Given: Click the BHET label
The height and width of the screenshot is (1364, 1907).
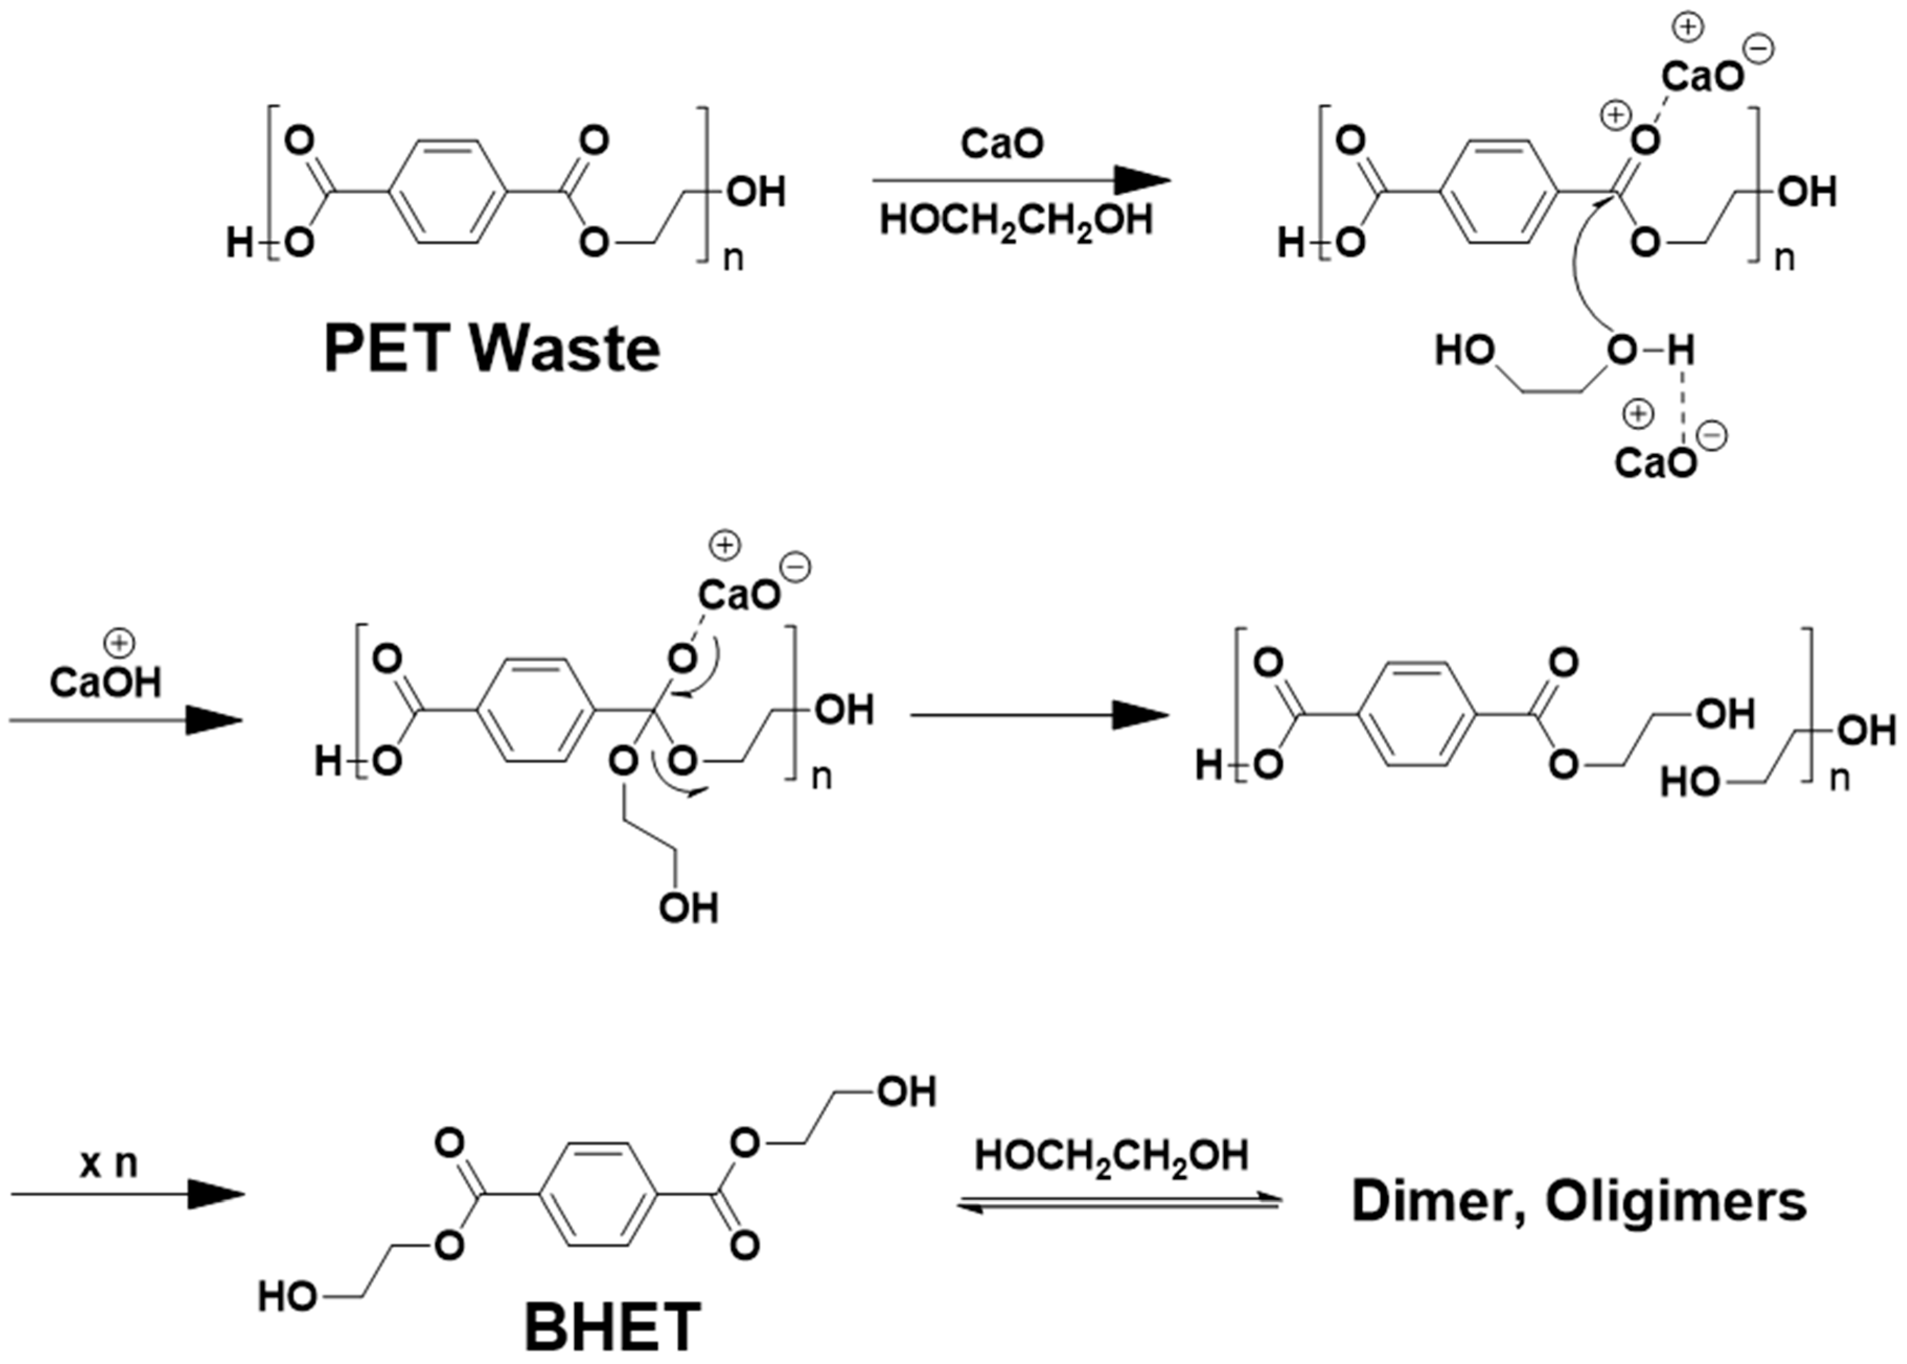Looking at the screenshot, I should click(x=612, y=1326).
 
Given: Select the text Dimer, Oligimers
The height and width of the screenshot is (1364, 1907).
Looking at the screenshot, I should click(x=1578, y=1202).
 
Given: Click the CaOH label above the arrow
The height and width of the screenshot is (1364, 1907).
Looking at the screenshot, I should click(x=105, y=682).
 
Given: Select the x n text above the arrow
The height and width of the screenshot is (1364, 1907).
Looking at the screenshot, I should click(x=108, y=1163).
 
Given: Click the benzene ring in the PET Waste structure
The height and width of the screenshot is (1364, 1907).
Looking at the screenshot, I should click(x=449, y=192).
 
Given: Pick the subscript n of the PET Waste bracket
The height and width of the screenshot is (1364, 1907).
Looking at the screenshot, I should click(x=733, y=258).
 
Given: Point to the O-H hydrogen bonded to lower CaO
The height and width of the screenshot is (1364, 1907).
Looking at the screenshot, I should click(x=1680, y=350).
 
